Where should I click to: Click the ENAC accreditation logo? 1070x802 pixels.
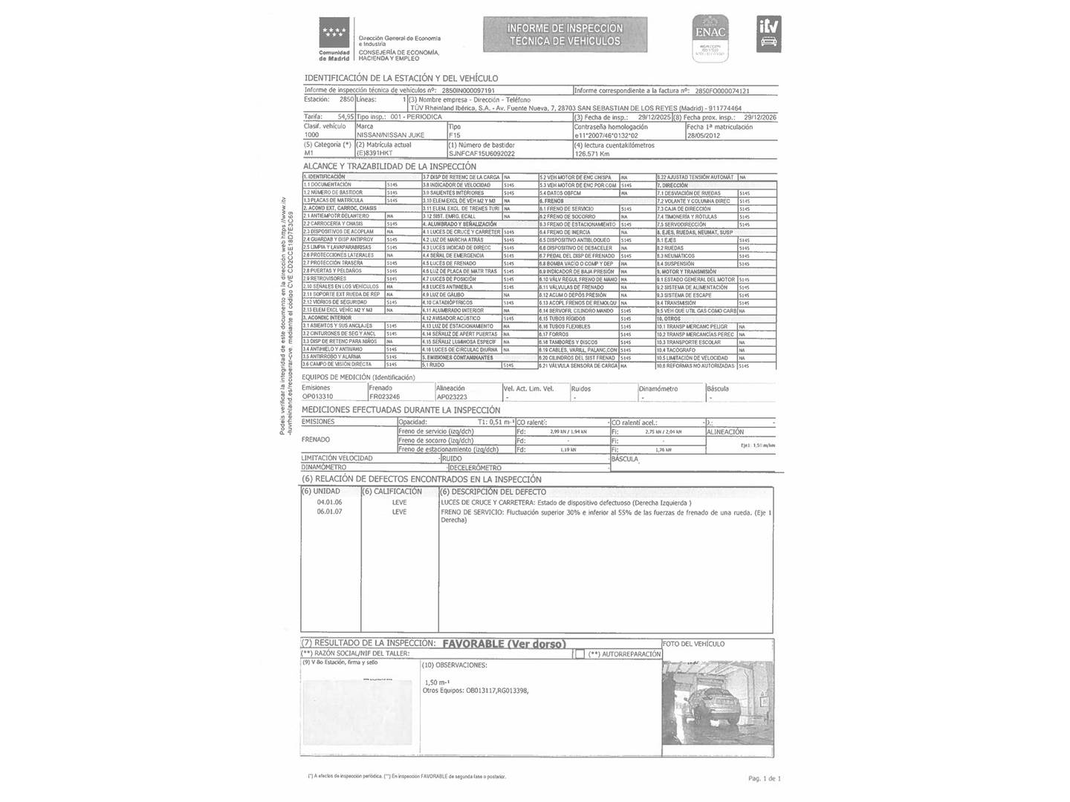[x=710, y=36]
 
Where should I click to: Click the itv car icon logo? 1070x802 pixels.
[x=768, y=35]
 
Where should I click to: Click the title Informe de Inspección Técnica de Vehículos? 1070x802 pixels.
[x=565, y=34]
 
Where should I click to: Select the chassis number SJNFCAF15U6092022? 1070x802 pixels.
[x=481, y=154]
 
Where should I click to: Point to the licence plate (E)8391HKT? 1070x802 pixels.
[x=374, y=154]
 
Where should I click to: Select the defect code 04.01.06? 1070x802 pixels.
[x=329, y=503]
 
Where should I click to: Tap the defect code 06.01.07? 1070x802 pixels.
[x=329, y=512]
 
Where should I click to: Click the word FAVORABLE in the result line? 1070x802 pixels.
[x=473, y=644]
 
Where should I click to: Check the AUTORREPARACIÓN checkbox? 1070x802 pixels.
[x=579, y=654]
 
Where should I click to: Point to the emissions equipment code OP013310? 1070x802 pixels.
[x=317, y=397]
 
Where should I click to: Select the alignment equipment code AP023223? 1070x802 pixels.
[x=452, y=397]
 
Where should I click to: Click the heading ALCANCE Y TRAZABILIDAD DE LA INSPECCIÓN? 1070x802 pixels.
[x=389, y=166]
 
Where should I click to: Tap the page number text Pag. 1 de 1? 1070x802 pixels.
[x=764, y=778]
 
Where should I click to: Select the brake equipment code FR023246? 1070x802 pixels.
[x=384, y=397]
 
